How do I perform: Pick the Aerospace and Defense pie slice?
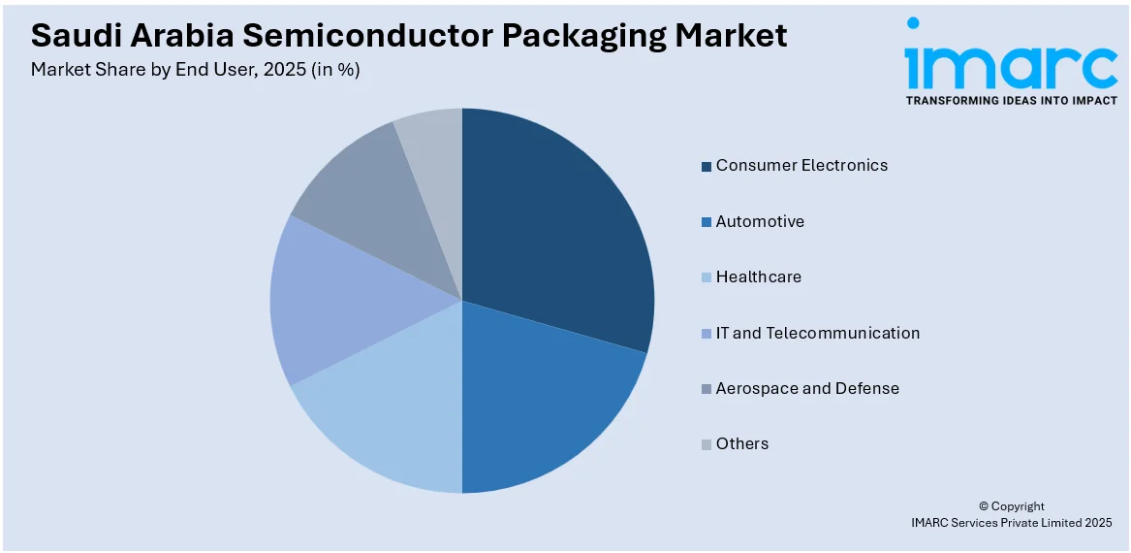368,204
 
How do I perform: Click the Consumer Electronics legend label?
801,165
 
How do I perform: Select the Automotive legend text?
760,221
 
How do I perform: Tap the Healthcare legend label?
758,276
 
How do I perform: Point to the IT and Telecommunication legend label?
818,333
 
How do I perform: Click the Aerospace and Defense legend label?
807,388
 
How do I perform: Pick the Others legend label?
741,443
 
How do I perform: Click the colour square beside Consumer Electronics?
707,166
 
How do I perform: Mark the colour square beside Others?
707,445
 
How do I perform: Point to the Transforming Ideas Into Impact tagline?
1011,101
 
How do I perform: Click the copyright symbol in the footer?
983,506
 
